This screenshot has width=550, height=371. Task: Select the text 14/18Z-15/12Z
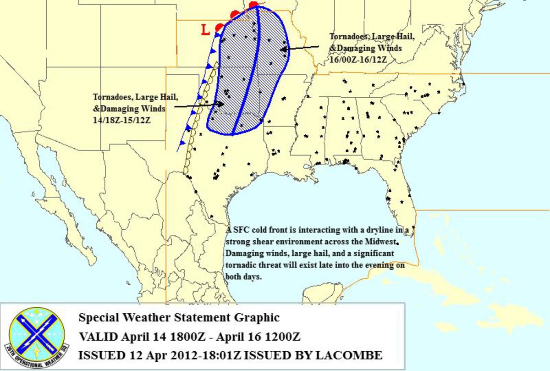[x=122, y=120]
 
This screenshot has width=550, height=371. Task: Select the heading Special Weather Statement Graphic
[x=179, y=317]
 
